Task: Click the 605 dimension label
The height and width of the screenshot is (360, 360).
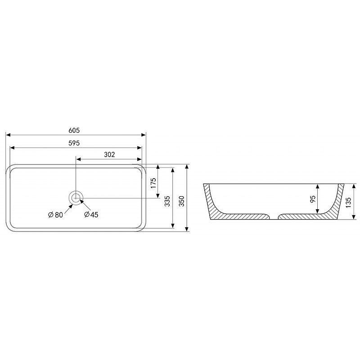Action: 74,130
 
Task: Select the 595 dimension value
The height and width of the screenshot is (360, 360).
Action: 74,143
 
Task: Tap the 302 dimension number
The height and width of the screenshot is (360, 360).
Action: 109,155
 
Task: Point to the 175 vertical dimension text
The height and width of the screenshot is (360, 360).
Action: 153,183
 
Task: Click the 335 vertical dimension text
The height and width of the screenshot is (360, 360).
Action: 167,201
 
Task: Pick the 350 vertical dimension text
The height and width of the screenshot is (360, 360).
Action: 182,201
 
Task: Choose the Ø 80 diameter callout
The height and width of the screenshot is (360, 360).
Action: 55,215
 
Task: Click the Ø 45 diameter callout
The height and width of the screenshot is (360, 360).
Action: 91,215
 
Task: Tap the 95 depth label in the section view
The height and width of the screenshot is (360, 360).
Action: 313,199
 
